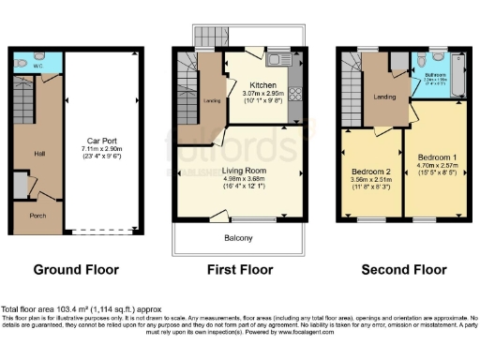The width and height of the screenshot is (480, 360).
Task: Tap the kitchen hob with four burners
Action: coord(296,94)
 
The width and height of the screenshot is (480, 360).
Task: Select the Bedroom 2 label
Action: coord(372,173)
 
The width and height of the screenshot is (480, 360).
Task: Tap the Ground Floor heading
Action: coord(77,269)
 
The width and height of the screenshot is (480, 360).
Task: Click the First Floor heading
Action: coord(240,269)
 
